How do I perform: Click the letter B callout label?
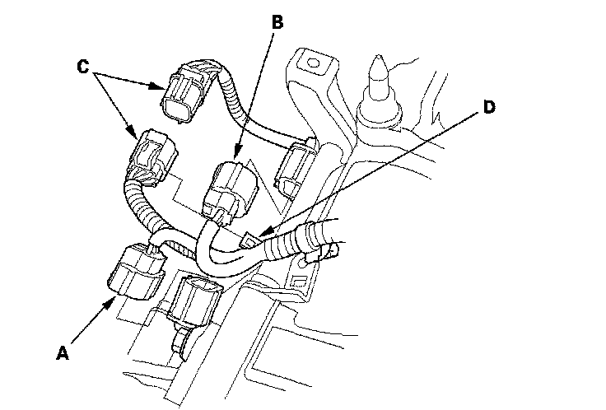277,22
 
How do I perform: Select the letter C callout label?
84,67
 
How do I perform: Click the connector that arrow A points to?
136,272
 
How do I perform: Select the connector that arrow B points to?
231,189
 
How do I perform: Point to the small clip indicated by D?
252,240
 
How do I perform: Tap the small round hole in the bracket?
311,60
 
